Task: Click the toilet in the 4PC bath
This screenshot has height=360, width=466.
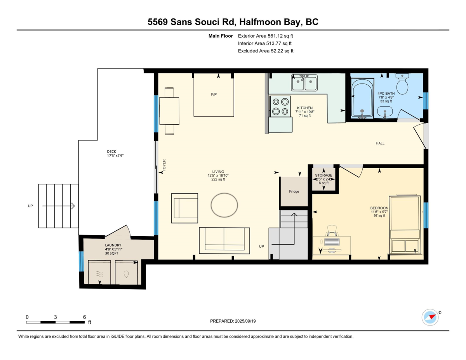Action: tap(402, 83)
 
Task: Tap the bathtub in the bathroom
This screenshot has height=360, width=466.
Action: tap(362, 98)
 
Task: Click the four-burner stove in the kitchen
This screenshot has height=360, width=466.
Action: tap(280, 106)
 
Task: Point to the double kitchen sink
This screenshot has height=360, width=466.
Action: tap(304, 83)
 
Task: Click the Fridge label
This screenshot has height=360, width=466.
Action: tap(294, 191)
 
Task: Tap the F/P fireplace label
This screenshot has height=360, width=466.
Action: tap(214, 94)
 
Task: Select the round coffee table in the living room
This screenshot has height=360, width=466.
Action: tap(224, 205)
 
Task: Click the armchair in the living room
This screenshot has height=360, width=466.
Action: tap(184, 209)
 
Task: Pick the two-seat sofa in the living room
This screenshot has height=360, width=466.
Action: tap(224, 240)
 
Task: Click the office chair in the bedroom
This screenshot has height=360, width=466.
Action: tap(332, 231)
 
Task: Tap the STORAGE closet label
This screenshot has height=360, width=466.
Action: tap(323, 175)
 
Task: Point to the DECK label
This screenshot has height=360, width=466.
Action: tap(111, 151)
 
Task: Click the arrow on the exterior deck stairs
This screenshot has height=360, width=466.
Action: tap(59, 206)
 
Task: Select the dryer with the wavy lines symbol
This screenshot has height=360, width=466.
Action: tap(99, 272)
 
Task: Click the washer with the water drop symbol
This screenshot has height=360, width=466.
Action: tap(126, 272)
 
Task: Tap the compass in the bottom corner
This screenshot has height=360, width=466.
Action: tap(430, 317)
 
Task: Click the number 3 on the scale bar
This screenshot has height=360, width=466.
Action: tap(55, 317)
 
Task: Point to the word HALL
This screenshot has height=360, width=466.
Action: tap(380, 143)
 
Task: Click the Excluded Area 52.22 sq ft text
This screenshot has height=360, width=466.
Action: tap(266, 51)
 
